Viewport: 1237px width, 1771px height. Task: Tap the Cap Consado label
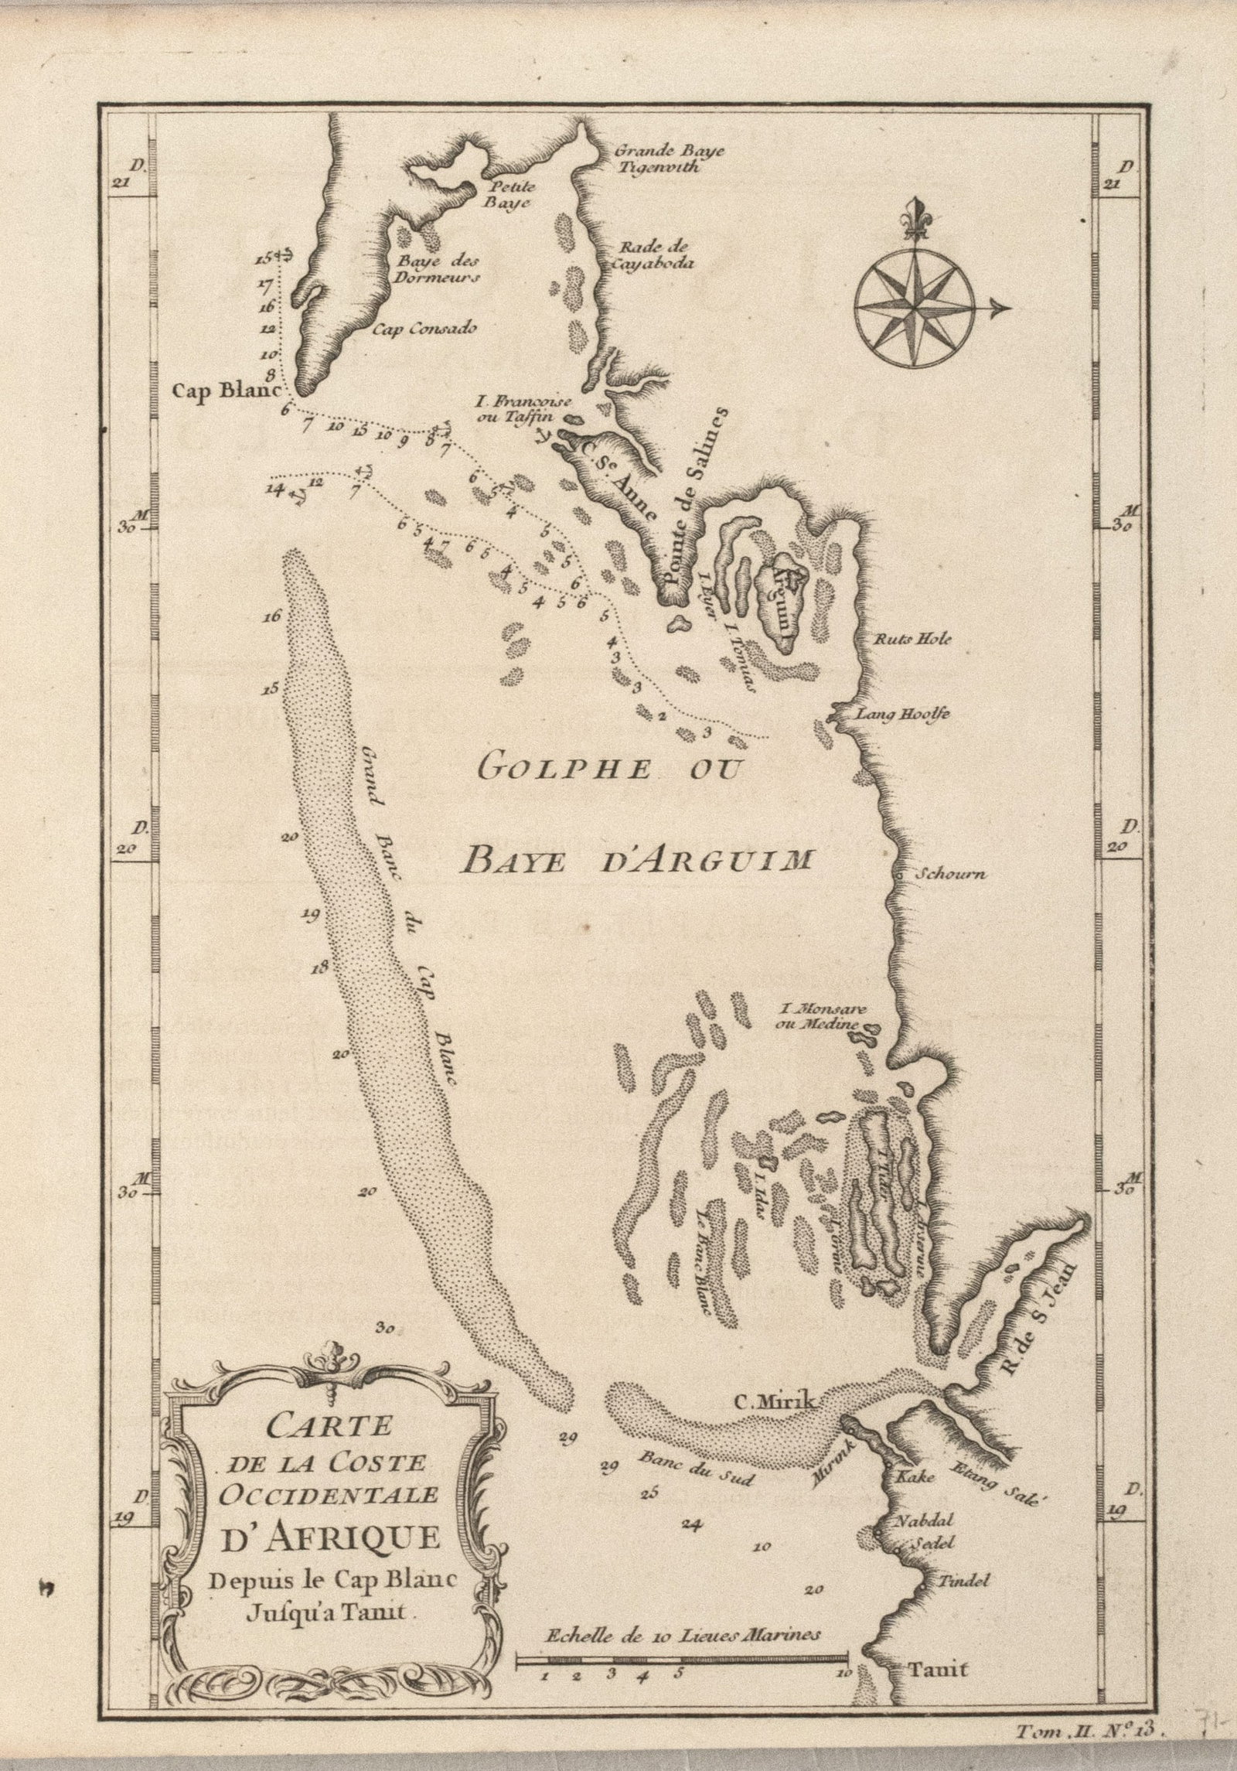(x=424, y=328)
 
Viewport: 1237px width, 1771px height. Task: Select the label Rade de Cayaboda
(x=654, y=254)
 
